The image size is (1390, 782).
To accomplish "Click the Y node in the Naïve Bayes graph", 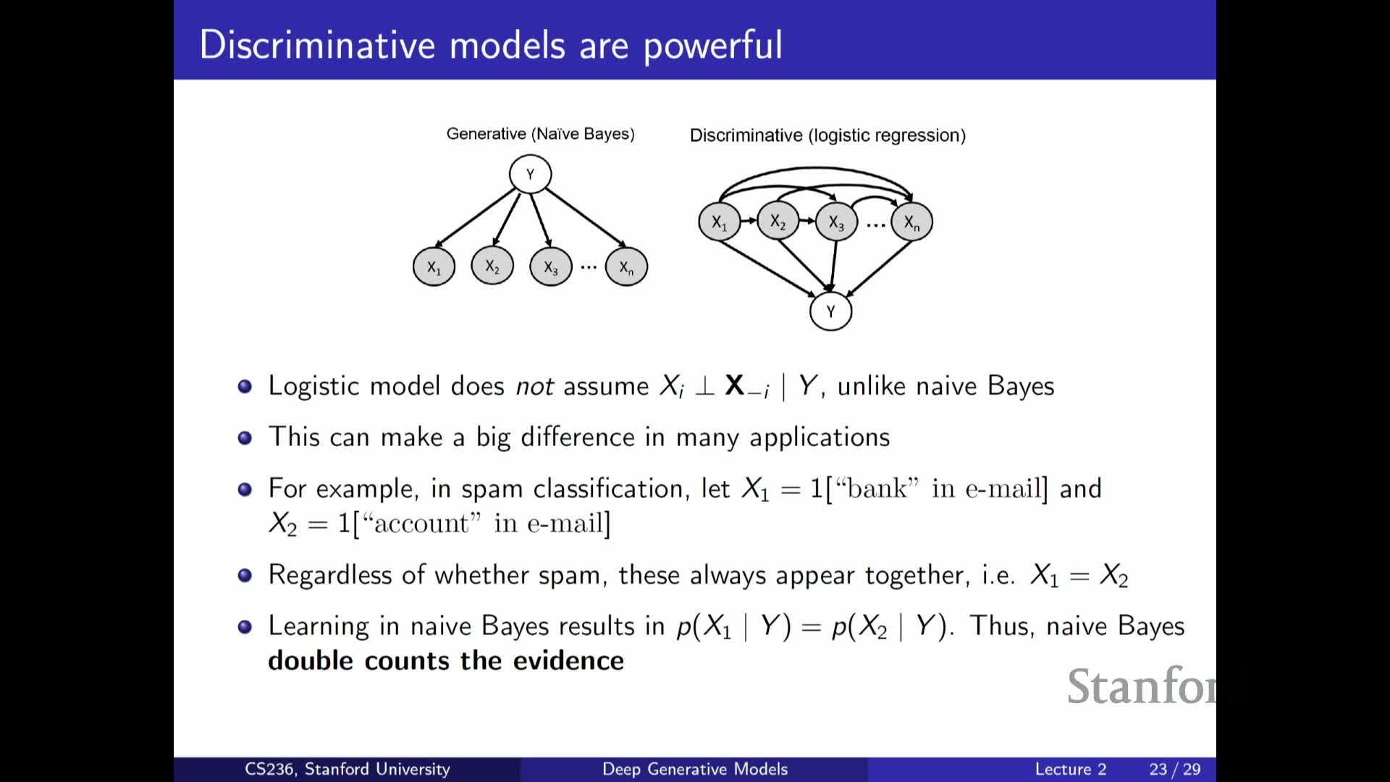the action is pos(530,175).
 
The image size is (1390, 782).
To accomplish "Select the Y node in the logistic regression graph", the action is pos(830,311).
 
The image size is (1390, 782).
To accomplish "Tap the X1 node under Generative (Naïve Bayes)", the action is pos(434,267).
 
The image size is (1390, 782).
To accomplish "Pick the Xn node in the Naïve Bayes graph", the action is pos(626,267).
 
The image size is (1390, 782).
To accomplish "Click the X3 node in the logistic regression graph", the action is pos(836,222).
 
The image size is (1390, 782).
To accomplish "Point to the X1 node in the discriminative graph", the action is pos(719,222).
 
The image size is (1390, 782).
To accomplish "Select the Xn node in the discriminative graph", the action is pos(911,222).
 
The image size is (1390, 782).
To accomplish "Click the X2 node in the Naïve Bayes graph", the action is pos(492,267).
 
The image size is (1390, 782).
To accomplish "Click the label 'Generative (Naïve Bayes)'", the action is pos(540,134).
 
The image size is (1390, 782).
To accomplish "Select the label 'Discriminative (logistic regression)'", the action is pos(827,135).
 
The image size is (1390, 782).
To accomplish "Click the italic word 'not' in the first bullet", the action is pos(534,387).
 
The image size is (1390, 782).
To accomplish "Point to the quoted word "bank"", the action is pos(877,489).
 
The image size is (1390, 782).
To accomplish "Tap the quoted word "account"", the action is pos(421,523).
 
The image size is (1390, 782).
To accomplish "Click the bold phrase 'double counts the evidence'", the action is pos(446,660).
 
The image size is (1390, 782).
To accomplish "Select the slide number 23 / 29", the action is pos(1175,769).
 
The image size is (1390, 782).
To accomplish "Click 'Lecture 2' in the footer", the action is pos(1071,769).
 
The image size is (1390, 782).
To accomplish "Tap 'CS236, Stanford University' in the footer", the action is pos(347,769).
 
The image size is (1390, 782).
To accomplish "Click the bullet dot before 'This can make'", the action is pos(245,437).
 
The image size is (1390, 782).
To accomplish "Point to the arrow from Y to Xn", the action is pos(586,217).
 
